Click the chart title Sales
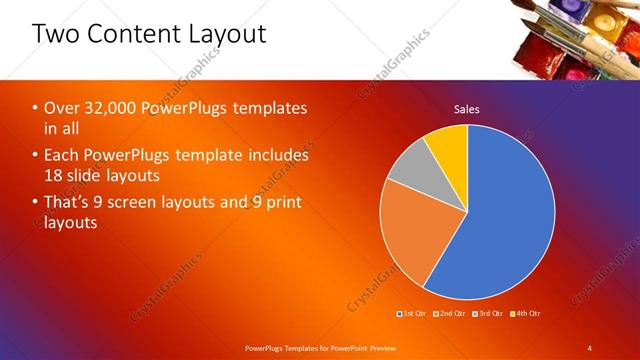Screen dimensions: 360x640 point(467,108)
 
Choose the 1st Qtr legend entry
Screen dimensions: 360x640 point(414,314)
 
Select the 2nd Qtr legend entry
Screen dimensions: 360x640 point(453,314)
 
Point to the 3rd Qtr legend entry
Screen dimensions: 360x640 point(491,314)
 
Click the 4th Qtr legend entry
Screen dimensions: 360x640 point(528,314)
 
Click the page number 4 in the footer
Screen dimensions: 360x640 point(590,347)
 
